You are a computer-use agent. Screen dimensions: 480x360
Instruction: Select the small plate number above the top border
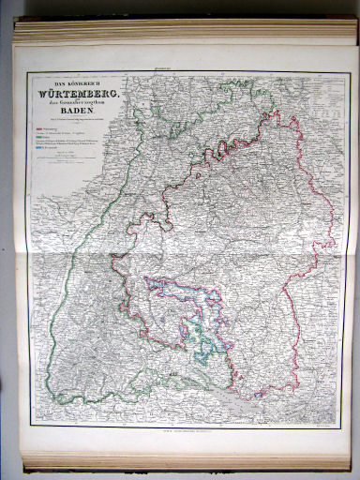187,67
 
